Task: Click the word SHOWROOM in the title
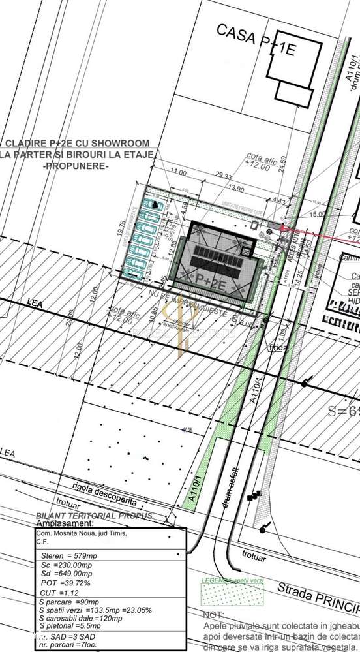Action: (121, 143)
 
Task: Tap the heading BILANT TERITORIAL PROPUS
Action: (95, 516)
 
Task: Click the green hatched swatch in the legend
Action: (219, 593)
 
